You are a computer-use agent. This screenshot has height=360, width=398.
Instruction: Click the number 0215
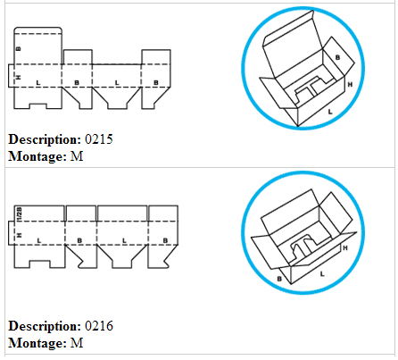[x=99, y=139]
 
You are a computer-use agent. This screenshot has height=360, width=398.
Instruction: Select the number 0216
[x=99, y=326]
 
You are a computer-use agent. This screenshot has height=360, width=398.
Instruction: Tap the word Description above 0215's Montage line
[x=45, y=140]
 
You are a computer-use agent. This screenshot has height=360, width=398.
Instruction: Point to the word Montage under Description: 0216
[x=37, y=344]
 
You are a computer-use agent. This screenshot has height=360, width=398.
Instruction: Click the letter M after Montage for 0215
[x=77, y=156]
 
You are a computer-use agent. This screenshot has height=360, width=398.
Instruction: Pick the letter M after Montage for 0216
[x=77, y=343]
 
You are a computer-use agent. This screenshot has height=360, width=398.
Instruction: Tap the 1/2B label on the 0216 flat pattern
[x=20, y=214]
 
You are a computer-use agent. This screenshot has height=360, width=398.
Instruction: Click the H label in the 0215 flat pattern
[x=19, y=78]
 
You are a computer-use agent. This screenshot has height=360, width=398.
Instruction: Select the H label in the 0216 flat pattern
[x=20, y=235]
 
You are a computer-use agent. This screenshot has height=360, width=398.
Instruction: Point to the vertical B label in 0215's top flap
[x=19, y=48]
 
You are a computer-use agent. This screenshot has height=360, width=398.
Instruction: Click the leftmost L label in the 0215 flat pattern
[x=37, y=82]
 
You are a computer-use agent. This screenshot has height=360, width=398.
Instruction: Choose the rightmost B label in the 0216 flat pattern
[x=165, y=240]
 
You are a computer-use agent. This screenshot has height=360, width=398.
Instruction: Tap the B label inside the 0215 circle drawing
[x=337, y=57]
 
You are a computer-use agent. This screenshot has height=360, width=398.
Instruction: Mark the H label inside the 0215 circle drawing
[x=350, y=85]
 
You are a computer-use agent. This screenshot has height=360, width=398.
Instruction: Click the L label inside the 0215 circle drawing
[x=330, y=112]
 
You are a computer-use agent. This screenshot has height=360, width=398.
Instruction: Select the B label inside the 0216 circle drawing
[x=279, y=279]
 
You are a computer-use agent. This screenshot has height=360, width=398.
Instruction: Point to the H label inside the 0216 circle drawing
[x=345, y=247]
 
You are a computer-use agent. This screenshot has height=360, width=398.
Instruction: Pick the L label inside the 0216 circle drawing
[x=322, y=273]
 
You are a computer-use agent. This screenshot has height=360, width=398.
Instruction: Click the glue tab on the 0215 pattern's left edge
[x=11, y=76]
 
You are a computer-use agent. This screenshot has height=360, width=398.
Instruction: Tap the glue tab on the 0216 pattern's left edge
[x=11, y=233]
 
